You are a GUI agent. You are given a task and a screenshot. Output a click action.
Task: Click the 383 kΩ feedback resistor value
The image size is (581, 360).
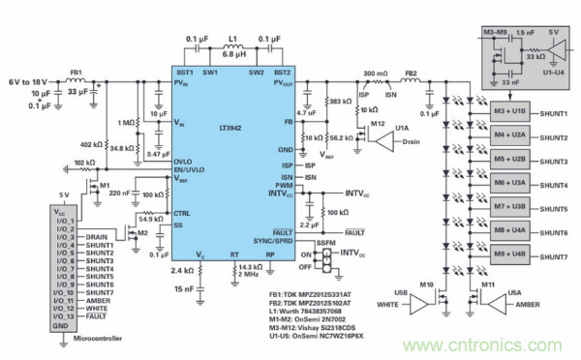342,102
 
